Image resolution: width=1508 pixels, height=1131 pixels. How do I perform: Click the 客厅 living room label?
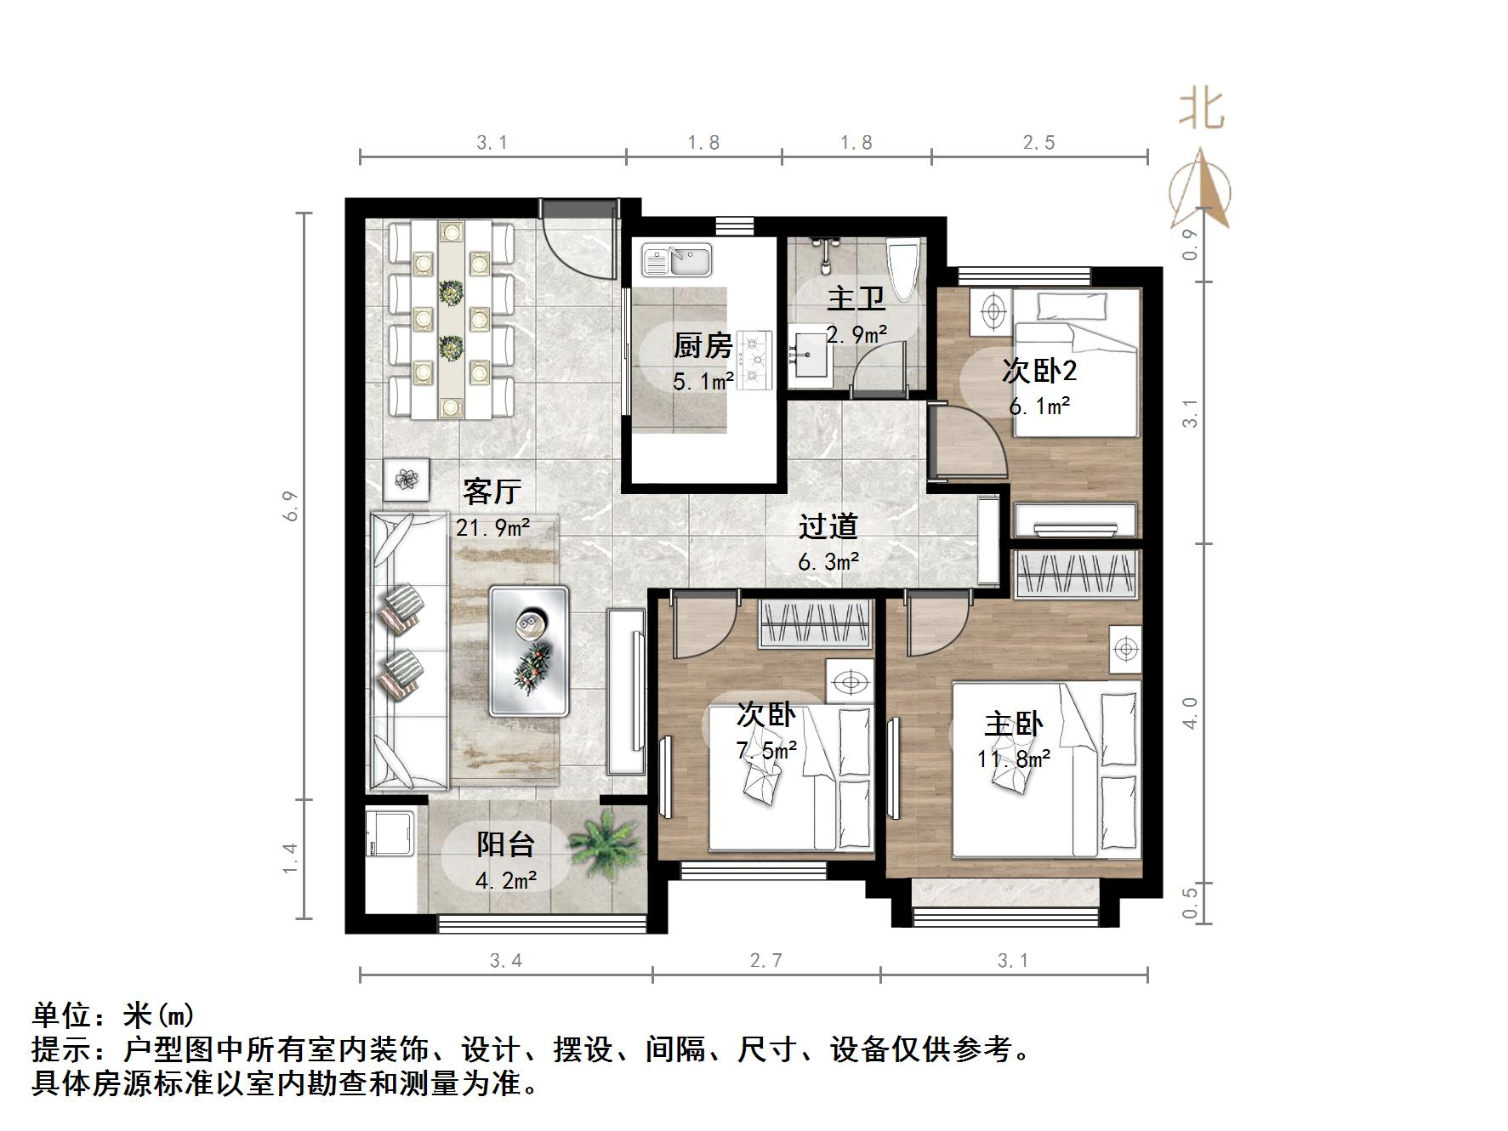pos(492,491)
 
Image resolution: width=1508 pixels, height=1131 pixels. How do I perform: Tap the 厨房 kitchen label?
pos(703,345)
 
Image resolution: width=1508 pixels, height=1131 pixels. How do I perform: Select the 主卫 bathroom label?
pos(856,298)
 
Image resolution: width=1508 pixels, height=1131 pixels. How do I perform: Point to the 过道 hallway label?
pos(828,526)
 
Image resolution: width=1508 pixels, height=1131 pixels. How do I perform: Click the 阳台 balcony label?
pos(505,844)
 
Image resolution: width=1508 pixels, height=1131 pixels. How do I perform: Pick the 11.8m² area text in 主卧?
pos(1013,758)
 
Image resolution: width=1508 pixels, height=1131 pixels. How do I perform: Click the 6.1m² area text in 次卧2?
pos(1039,406)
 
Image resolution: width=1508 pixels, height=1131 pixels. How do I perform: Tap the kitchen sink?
pos(677,259)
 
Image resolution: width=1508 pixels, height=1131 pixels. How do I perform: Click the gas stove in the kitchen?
pos(754,359)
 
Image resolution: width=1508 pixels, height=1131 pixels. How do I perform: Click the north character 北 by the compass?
pos(1201,110)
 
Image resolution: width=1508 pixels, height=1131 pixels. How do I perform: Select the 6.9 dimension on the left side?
pos(292,506)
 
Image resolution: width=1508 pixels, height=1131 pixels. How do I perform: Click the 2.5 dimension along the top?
pos(1039,143)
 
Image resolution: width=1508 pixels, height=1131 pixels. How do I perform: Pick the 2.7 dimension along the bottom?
pos(765,961)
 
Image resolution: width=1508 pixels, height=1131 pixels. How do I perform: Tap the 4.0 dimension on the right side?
pos(1190,713)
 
